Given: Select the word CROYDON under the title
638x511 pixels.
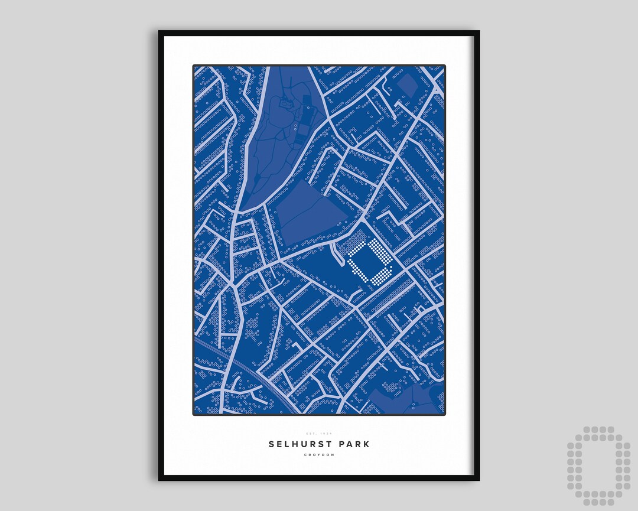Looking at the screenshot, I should coord(319,455).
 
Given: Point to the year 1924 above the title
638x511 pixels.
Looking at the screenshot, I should coord(327,434).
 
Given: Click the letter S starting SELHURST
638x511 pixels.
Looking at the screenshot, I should coord(272,444).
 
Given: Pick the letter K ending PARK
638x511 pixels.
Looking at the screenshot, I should coord(366,444).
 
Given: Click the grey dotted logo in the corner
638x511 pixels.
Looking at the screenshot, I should coord(598,466).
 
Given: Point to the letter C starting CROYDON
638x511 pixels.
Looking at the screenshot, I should coord(305,455).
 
